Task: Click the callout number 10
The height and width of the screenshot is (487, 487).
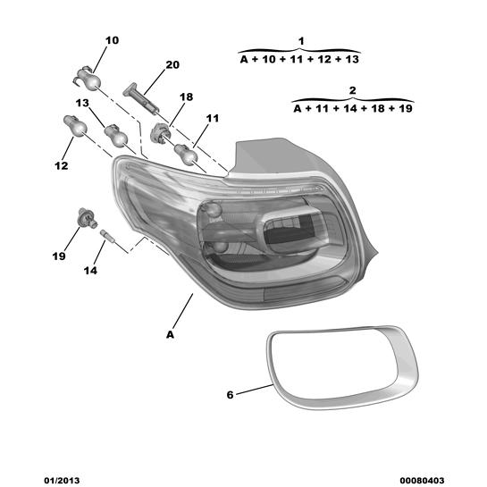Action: [112, 40]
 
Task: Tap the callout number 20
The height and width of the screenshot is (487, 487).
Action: [172, 65]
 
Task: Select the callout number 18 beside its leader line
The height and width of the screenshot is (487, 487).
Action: [187, 97]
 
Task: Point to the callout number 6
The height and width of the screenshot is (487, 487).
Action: [230, 395]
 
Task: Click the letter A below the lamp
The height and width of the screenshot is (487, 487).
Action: [170, 335]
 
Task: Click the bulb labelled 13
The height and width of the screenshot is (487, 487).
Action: [116, 136]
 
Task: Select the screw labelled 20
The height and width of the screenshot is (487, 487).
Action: [141, 99]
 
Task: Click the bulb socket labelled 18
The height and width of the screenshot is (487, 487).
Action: [160, 133]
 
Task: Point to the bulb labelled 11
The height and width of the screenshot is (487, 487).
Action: [186, 155]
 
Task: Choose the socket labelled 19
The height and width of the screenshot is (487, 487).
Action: [87, 217]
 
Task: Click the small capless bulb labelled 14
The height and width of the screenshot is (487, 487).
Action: [108, 237]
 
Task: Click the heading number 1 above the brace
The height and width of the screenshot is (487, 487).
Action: [301, 41]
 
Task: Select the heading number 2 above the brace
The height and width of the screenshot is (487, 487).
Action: [352, 90]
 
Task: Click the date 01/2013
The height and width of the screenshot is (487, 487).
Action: [62, 481]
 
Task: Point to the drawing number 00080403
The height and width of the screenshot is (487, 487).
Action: [422, 481]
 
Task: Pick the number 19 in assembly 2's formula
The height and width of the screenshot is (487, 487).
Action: [406, 108]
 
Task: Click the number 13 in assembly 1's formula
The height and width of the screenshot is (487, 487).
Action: [352, 59]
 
